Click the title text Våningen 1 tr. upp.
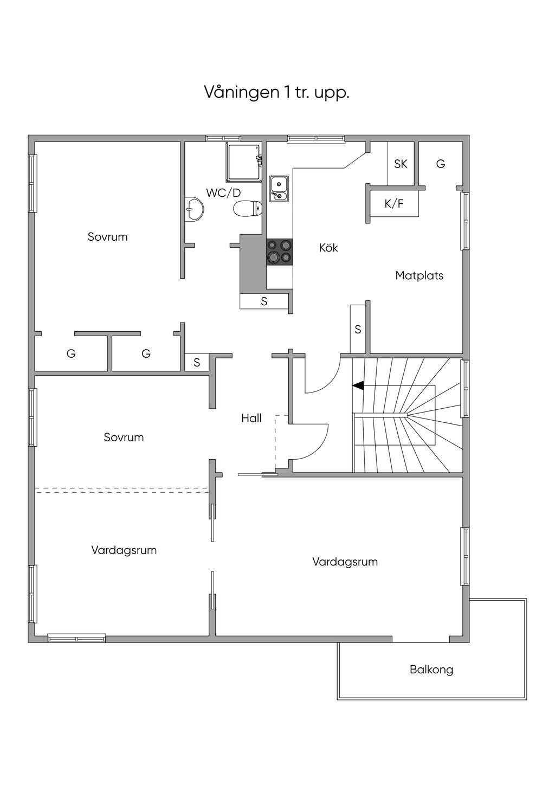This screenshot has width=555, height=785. (x=276, y=92)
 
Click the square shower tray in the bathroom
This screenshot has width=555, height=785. (x=244, y=162)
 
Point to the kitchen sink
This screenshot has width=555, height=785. (x=279, y=188)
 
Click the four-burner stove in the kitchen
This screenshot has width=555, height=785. (x=280, y=252)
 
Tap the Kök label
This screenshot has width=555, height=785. (x=328, y=248)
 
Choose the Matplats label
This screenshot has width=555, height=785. (x=419, y=275)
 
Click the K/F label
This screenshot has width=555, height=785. (x=394, y=204)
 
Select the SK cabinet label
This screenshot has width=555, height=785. (x=401, y=164)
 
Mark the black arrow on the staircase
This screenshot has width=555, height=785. (x=358, y=386)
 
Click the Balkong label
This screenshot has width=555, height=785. (x=431, y=670)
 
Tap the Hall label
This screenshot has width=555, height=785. (x=251, y=418)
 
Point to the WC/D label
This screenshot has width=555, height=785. (x=223, y=192)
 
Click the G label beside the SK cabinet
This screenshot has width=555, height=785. (x=441, y=164)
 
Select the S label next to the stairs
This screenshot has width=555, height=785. (x=358, y=329)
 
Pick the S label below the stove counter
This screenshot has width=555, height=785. (x=264, y=301)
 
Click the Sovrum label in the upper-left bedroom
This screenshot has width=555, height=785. (x=108, y=237)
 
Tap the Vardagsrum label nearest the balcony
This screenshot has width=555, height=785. (x=345, y=562)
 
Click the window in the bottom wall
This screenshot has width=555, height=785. (x=76, y=638)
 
